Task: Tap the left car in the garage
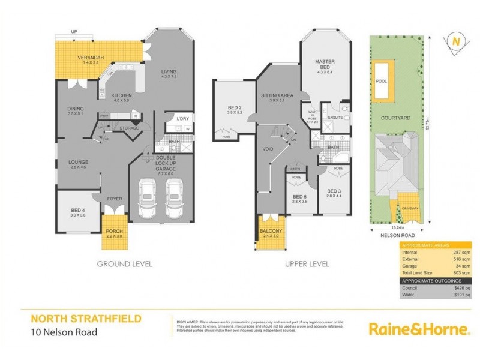[x=147, y=199]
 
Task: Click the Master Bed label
[x=325, y=64]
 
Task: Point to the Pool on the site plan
[x=381, y=81]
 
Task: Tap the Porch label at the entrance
[x=114, y=233]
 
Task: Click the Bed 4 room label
[x=79, y=210]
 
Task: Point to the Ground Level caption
[x=124, y=263]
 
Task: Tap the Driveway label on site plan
[x=410, y=208]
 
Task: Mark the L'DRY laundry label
[x=183, y=118]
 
